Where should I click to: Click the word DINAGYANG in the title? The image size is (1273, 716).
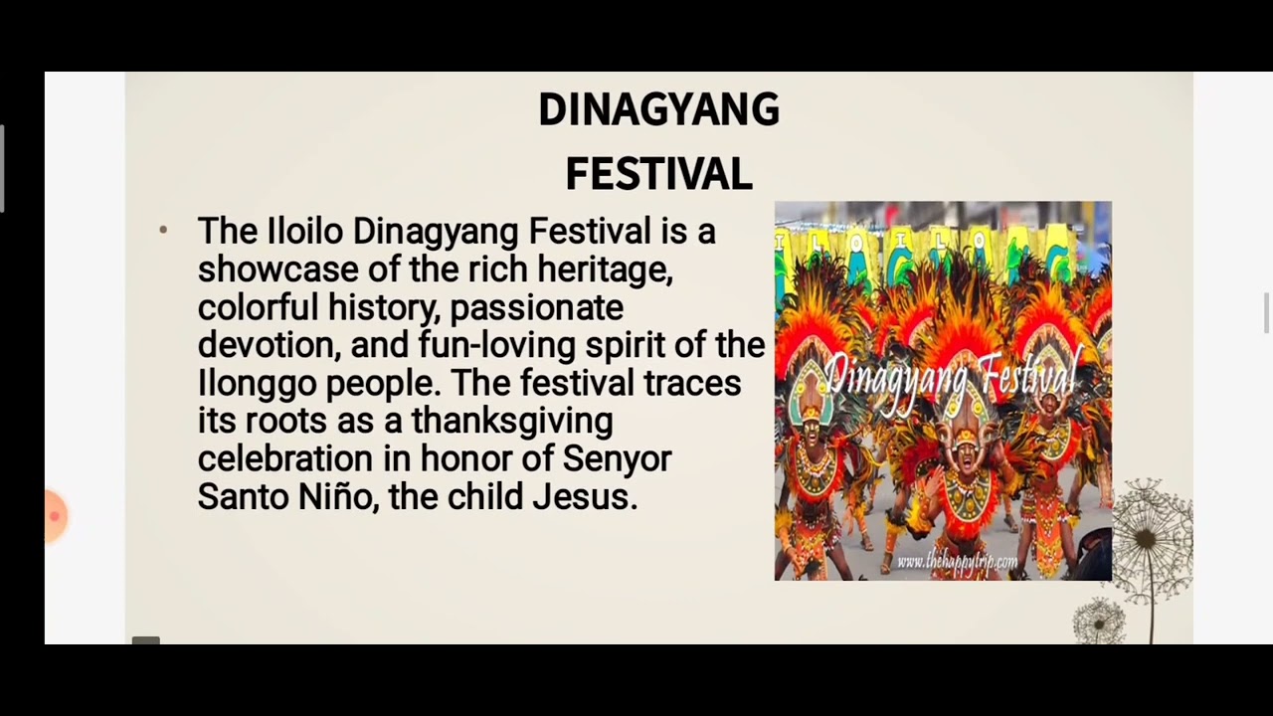(658, 110)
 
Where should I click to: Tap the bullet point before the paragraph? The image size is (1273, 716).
(163, 231)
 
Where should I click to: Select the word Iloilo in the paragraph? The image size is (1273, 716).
(305, 232)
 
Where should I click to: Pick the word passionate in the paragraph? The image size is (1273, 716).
(536, 307)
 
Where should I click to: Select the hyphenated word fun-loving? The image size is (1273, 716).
(496, 345)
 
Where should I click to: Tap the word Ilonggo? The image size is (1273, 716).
(257, 383)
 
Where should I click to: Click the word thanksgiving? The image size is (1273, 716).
(511, 421)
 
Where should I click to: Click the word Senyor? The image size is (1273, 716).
(617, 458)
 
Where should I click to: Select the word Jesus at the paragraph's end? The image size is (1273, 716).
(584, 496)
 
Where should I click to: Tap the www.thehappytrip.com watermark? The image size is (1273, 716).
(956, 562)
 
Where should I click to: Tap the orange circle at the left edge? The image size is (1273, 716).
(54, 516)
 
